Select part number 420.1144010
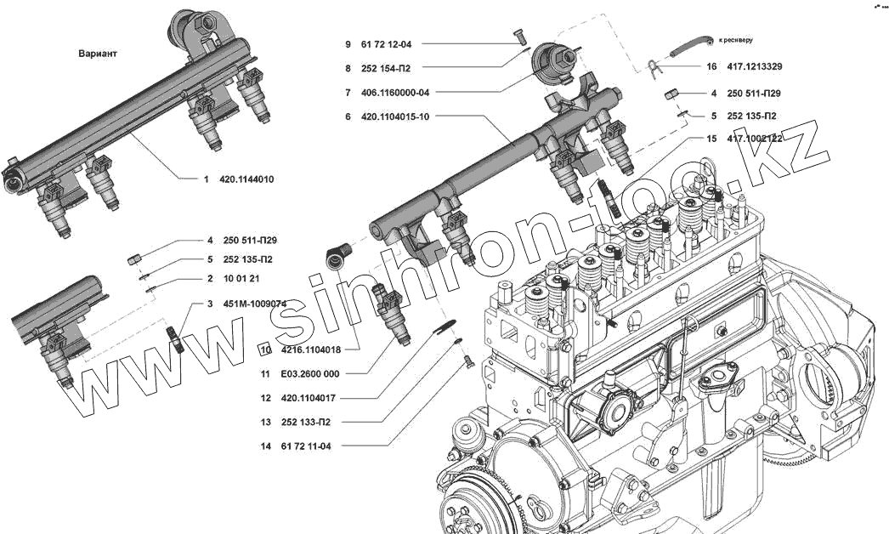(x=246, y=179)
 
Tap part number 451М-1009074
(x=255, y=304)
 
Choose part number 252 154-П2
(x=388, y=67)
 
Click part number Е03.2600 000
(x=313, y=374)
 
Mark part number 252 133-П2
(x=307, y=422)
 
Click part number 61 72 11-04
(x=307, y=446)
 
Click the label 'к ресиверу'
(x=735, y=39)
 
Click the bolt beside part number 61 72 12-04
(x=520, y=35)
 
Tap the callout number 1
(x=205, y=179)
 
